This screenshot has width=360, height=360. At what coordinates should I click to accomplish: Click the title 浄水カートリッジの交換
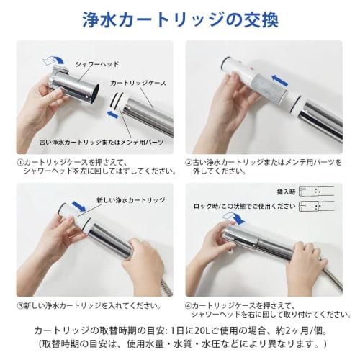coord(180,19)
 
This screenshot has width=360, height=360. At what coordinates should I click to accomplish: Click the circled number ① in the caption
coord(19,162)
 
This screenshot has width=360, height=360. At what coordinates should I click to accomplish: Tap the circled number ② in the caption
coord(189,162)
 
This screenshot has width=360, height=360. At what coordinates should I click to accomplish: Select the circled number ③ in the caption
coord(19,305)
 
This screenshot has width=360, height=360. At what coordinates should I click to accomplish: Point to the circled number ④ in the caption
coord(189,305)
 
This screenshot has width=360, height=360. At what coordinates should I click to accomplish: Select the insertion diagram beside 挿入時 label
coord(321,192)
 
